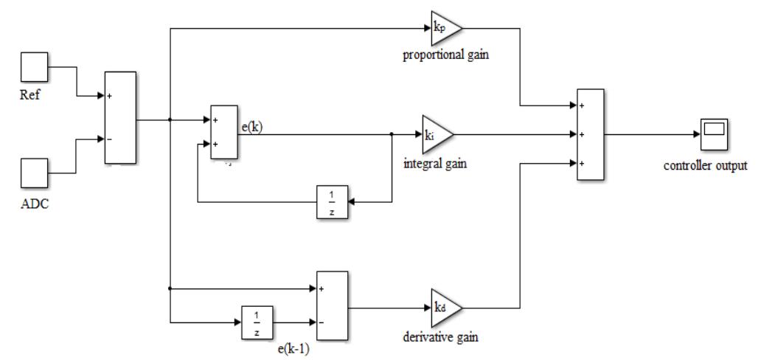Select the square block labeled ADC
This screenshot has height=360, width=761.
[32, 173]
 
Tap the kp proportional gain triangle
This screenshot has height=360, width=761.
[445, 30]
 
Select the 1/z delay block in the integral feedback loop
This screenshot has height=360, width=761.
[331, 199]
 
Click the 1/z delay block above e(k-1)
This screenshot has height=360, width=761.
[257, 322]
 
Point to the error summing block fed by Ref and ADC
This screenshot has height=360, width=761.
[119, 117]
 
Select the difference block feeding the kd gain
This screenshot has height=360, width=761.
[331, 305]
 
